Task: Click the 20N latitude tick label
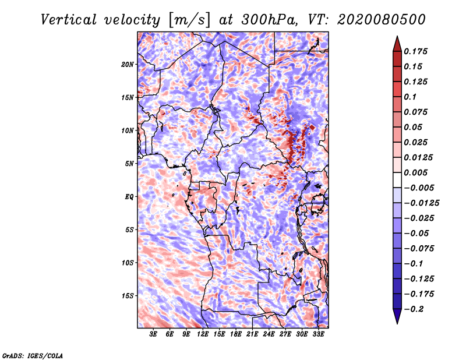pos(127,65)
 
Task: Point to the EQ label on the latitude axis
pos(129,197)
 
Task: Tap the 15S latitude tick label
pos(127,296)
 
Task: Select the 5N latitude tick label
pos(129,164)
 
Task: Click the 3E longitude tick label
pos(153,334)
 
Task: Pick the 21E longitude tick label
pos(252,334)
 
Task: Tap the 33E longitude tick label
pos(318,334)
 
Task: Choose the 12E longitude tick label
pos(202,334)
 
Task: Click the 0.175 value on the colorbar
pos(415,51)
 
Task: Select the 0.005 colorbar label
pos(415,172)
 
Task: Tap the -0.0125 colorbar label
pos(421,203)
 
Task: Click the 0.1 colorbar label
pos(410,97)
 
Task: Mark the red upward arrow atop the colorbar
pos(397,44)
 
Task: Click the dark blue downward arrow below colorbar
pos(397,316)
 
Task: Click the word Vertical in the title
pos(69,20)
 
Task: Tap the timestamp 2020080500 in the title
pos(382,20)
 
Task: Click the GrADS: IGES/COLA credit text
pos(33,356)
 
